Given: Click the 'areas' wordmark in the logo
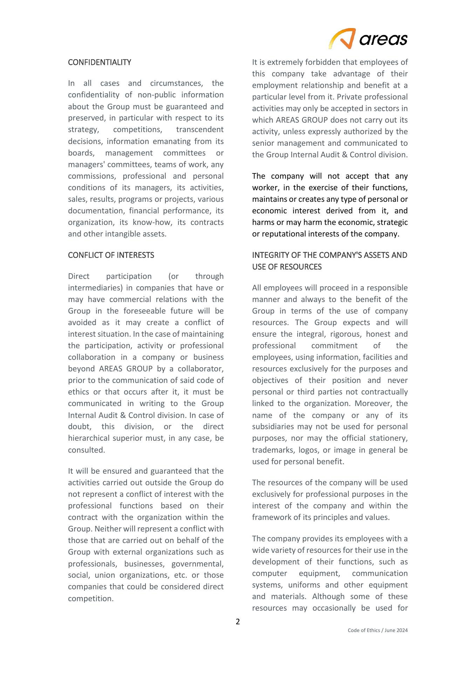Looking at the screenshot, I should pyautogui.click(x=383, y=39).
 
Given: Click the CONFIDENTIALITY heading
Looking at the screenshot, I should pyautogui.click(x=100, y=62).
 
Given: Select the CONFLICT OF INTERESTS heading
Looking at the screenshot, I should pyautogui.click(x=111, y=255).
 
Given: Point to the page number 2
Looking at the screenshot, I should pyautogui.click(x=238, y=622).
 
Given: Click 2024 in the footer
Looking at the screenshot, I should pyautogui.click(x=402, y=630).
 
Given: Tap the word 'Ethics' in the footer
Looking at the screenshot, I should pyautogui.click(x=374, y=630).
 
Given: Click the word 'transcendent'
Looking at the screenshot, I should pyautogui.click(x=200, y=130).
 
